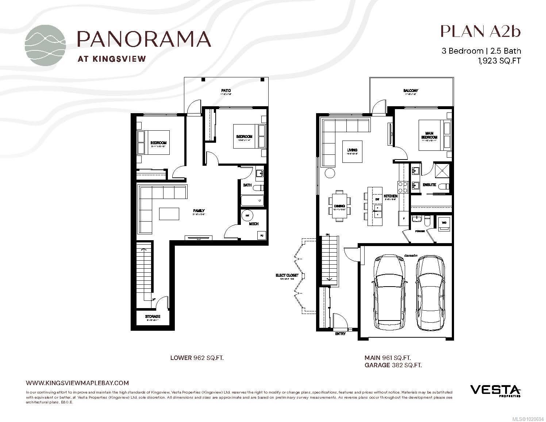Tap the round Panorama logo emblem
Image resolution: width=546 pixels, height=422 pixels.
tap(46, 46)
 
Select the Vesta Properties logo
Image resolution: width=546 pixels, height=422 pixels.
tap(495, 390)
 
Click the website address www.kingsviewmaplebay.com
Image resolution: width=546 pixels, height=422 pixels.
tap(77, 383)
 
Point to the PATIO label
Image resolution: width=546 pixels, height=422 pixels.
tap(226, 91)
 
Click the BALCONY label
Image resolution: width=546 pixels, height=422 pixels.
tap(411, 91)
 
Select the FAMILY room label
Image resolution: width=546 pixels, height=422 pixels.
tap(199, 211)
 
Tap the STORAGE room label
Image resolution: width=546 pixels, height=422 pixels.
tap(153, 316)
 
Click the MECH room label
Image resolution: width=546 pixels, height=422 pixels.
tap(254, 224)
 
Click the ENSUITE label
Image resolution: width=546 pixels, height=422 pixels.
tap(429, 185)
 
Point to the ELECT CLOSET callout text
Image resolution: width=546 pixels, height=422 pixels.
tap(287, 275)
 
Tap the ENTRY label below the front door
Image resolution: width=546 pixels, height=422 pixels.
tap(340, 334)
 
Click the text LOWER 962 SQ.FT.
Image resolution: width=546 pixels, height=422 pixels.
tap(197, 358)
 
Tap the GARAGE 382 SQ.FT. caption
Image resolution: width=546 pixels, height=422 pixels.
tap(393, 365)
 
